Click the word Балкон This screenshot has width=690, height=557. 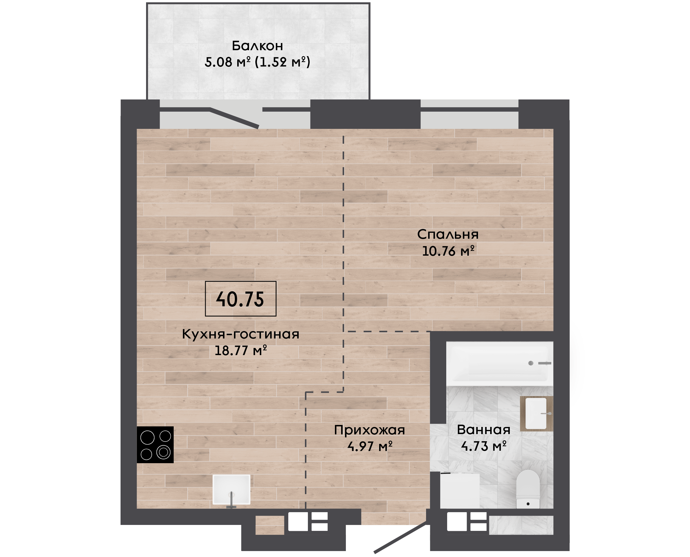(x=257, y=46)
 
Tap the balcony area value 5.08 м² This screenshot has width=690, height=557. (x=227, y=62)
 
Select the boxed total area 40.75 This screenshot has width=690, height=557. (x=240, y=299)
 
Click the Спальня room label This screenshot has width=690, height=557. (x=448, y=235)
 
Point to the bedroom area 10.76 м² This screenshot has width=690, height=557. (x=448, y=251)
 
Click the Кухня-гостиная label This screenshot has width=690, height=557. (x=240, y=334)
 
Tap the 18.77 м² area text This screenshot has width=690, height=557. (x=240, y=350)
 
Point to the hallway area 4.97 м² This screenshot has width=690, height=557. (x=370, y=446)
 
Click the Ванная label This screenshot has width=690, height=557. (x=483, y=430)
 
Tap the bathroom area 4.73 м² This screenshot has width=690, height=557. (x=484, y=446)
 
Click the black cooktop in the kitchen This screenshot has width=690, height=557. (x=155, y=445)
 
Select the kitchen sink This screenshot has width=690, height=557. (x=231, y=490)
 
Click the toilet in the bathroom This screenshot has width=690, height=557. (x=528, y=489)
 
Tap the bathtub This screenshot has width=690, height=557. (x=499, y=363)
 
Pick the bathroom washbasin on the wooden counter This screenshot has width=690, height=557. (x=536, y=414)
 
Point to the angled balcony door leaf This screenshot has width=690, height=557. (x=235, y=118)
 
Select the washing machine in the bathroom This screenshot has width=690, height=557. (x=460, y=490)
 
